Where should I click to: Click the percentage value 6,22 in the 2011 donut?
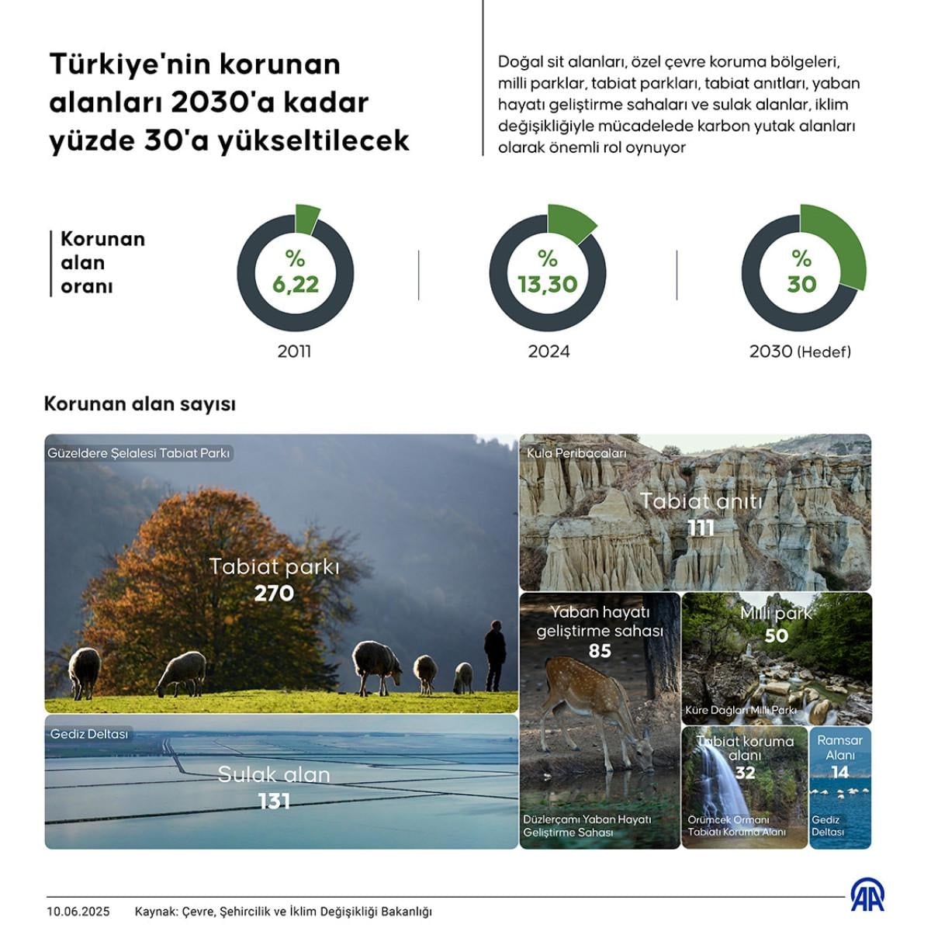[x=296, y=285]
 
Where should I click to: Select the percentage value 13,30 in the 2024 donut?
[x=548, y=285]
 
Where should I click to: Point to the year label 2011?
[x=294, y=351]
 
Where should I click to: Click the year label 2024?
[x=549, y=351]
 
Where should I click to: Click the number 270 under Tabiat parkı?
[x=274, y=594]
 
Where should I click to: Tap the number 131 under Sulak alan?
[x=274, y=801]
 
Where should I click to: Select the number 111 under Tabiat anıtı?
[x=701, y=528]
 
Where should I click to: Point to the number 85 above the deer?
[x=600, y=651]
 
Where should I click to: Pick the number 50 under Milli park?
[x=776, y=636]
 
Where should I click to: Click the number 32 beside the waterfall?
[x=745, y=773]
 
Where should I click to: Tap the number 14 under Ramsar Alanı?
[x=839, y=772]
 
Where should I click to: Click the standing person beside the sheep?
[x=494, y=654]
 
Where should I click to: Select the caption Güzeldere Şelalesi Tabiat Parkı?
[x=139, y=453]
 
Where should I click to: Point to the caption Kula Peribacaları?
[x=576, y=452]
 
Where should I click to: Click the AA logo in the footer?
[x=867, y=895]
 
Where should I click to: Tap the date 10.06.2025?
[x=78, y=912]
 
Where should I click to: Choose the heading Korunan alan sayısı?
[x=140, y=404]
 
